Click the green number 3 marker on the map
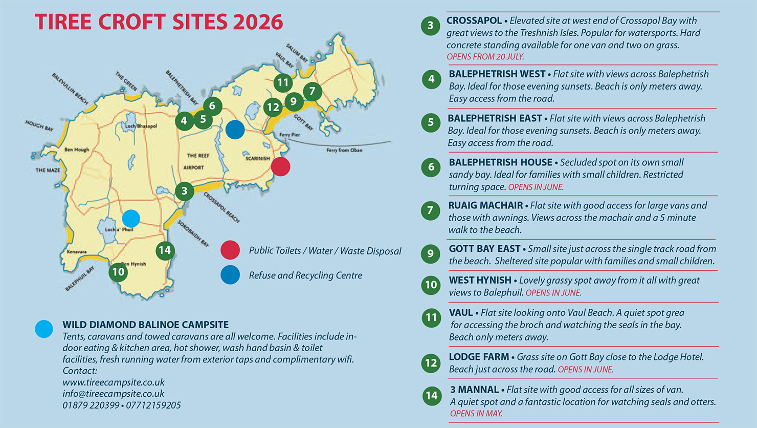[x=184, y=191]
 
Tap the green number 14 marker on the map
[x=165, y=250]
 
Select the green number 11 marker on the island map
[x=283, y=82]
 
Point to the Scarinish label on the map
[x=257, y=159]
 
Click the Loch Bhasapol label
[x=141, y=126]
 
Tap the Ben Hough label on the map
[x=77, y=150]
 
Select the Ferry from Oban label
[x=344, y=150]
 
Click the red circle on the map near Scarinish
[x=280, y=166]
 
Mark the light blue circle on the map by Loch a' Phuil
[x=131, y=219]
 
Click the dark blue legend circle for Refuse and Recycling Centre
[x=230, y=275]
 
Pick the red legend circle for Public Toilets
[x=230, y=250]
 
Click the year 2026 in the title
[x=257, y=22]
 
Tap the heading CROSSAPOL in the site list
[x=474, y=20]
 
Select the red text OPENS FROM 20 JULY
[x=485, y=57]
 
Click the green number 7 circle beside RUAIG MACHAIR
[x=430, y=210]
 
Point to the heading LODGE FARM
[x=479, y=357]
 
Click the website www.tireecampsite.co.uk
[x=114, y=382]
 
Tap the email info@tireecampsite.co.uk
[x=114, y=394]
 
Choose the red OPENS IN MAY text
[x=476, y=414]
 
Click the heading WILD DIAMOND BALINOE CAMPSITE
[x=145, y=325]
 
